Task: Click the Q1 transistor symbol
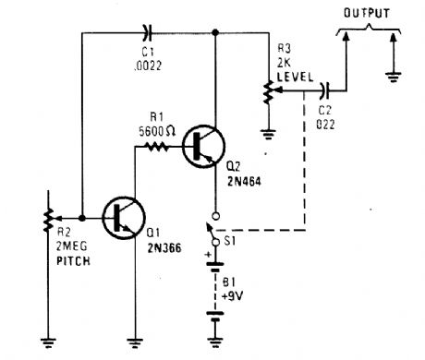[120, 218]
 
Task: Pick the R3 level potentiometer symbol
[267, 91]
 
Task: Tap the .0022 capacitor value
[143, 66]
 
